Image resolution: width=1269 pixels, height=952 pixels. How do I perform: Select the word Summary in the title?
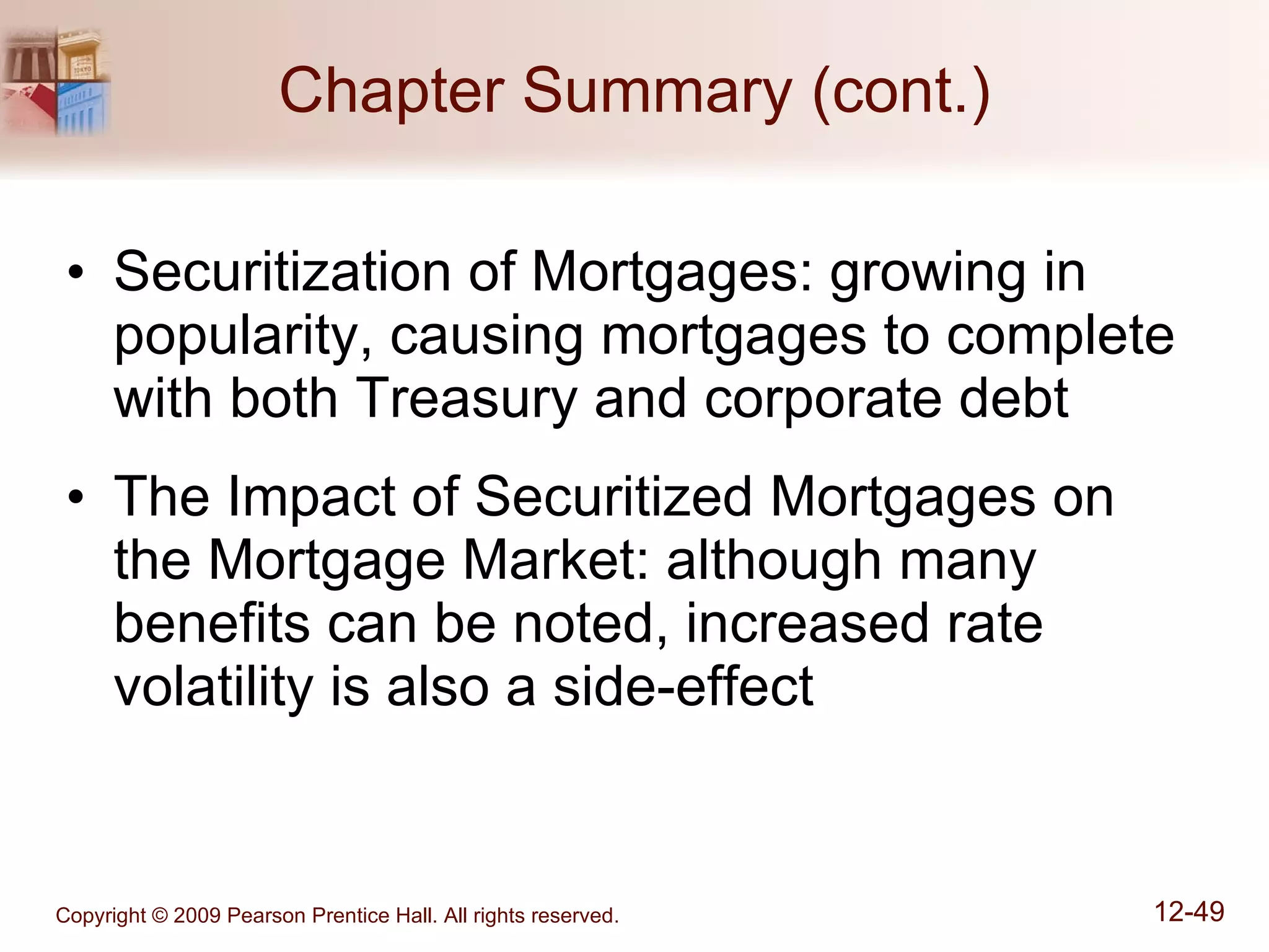[x=657, y=93]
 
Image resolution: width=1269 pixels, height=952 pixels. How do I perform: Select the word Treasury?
[x=466, y=400]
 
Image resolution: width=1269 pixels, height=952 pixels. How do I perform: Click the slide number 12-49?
[x=1189, y=912]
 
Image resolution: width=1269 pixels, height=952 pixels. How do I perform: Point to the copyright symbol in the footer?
[x=159, y=916]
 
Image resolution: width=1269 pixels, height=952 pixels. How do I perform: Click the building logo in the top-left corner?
[x=56, y=81]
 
